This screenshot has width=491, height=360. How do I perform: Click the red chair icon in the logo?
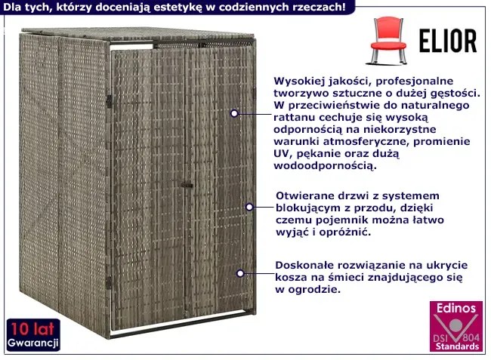click(x=388, y=41)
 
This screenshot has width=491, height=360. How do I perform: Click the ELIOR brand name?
click(x=448, y=41)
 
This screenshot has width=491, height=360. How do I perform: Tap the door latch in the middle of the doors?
click(x=187, y=185)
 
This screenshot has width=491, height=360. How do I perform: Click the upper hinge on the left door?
click(x=109, y=102)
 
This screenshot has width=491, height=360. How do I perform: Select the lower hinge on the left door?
click(x=108, y=283)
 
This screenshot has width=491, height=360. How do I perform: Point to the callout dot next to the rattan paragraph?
click(x=234, y=113)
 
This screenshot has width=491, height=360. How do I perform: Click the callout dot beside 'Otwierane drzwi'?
click(x=249, y=207)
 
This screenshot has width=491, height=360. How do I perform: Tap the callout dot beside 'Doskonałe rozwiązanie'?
click(x=240, y=273)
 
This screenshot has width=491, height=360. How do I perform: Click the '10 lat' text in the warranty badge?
click(x=32, y=329)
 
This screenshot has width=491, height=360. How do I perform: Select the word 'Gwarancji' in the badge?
click(x=33, y=343)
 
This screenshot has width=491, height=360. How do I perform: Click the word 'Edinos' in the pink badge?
click(x=456, y=308)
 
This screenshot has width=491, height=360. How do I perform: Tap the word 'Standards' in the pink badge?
click(x=457, y=346)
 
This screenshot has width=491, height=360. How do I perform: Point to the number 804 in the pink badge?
click(x=471, y=338)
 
